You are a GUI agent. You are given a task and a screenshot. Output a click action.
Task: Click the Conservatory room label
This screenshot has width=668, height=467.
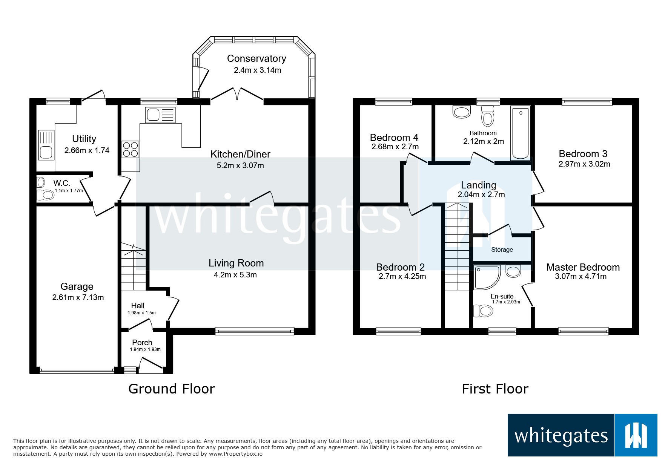pos(256,58)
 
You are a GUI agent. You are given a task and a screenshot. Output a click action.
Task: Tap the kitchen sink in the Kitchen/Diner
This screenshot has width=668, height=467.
pos(160,115)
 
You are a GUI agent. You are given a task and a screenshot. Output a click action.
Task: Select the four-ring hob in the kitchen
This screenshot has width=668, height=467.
pos(131,149)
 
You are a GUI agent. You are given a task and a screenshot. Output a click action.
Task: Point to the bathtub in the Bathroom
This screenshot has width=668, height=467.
pos(521,133)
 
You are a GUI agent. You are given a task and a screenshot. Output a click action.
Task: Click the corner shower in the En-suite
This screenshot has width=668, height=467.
pos(487,278)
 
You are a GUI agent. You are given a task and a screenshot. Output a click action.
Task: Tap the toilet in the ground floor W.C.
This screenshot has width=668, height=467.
pos(45,194)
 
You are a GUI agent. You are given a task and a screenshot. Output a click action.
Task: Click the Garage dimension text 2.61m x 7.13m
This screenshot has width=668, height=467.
pos(78,297)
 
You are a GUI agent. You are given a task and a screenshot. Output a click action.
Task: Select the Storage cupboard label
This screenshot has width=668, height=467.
pos(502,250)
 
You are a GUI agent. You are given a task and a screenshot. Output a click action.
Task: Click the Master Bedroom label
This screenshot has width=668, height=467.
pos(583,267)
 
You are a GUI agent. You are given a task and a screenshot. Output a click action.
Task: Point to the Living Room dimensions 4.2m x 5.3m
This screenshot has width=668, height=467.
pos(235,275)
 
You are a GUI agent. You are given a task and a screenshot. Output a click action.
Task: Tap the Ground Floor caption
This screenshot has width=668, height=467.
pos(172,389)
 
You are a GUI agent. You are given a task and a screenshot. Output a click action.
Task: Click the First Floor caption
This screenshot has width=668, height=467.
pos(495,389)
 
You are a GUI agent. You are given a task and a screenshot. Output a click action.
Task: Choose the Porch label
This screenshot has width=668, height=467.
pos(142,343)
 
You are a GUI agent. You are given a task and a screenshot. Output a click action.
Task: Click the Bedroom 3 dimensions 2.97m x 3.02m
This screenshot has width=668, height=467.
pos(584,164)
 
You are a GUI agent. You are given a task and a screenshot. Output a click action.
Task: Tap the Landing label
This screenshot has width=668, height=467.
pos(479,185)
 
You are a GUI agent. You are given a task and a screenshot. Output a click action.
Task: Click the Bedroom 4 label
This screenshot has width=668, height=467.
pos(394,138)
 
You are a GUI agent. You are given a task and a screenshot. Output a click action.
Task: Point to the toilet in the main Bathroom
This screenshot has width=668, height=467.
pos(488,116)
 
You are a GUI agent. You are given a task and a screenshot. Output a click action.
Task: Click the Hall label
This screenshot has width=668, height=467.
pos(138,306)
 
